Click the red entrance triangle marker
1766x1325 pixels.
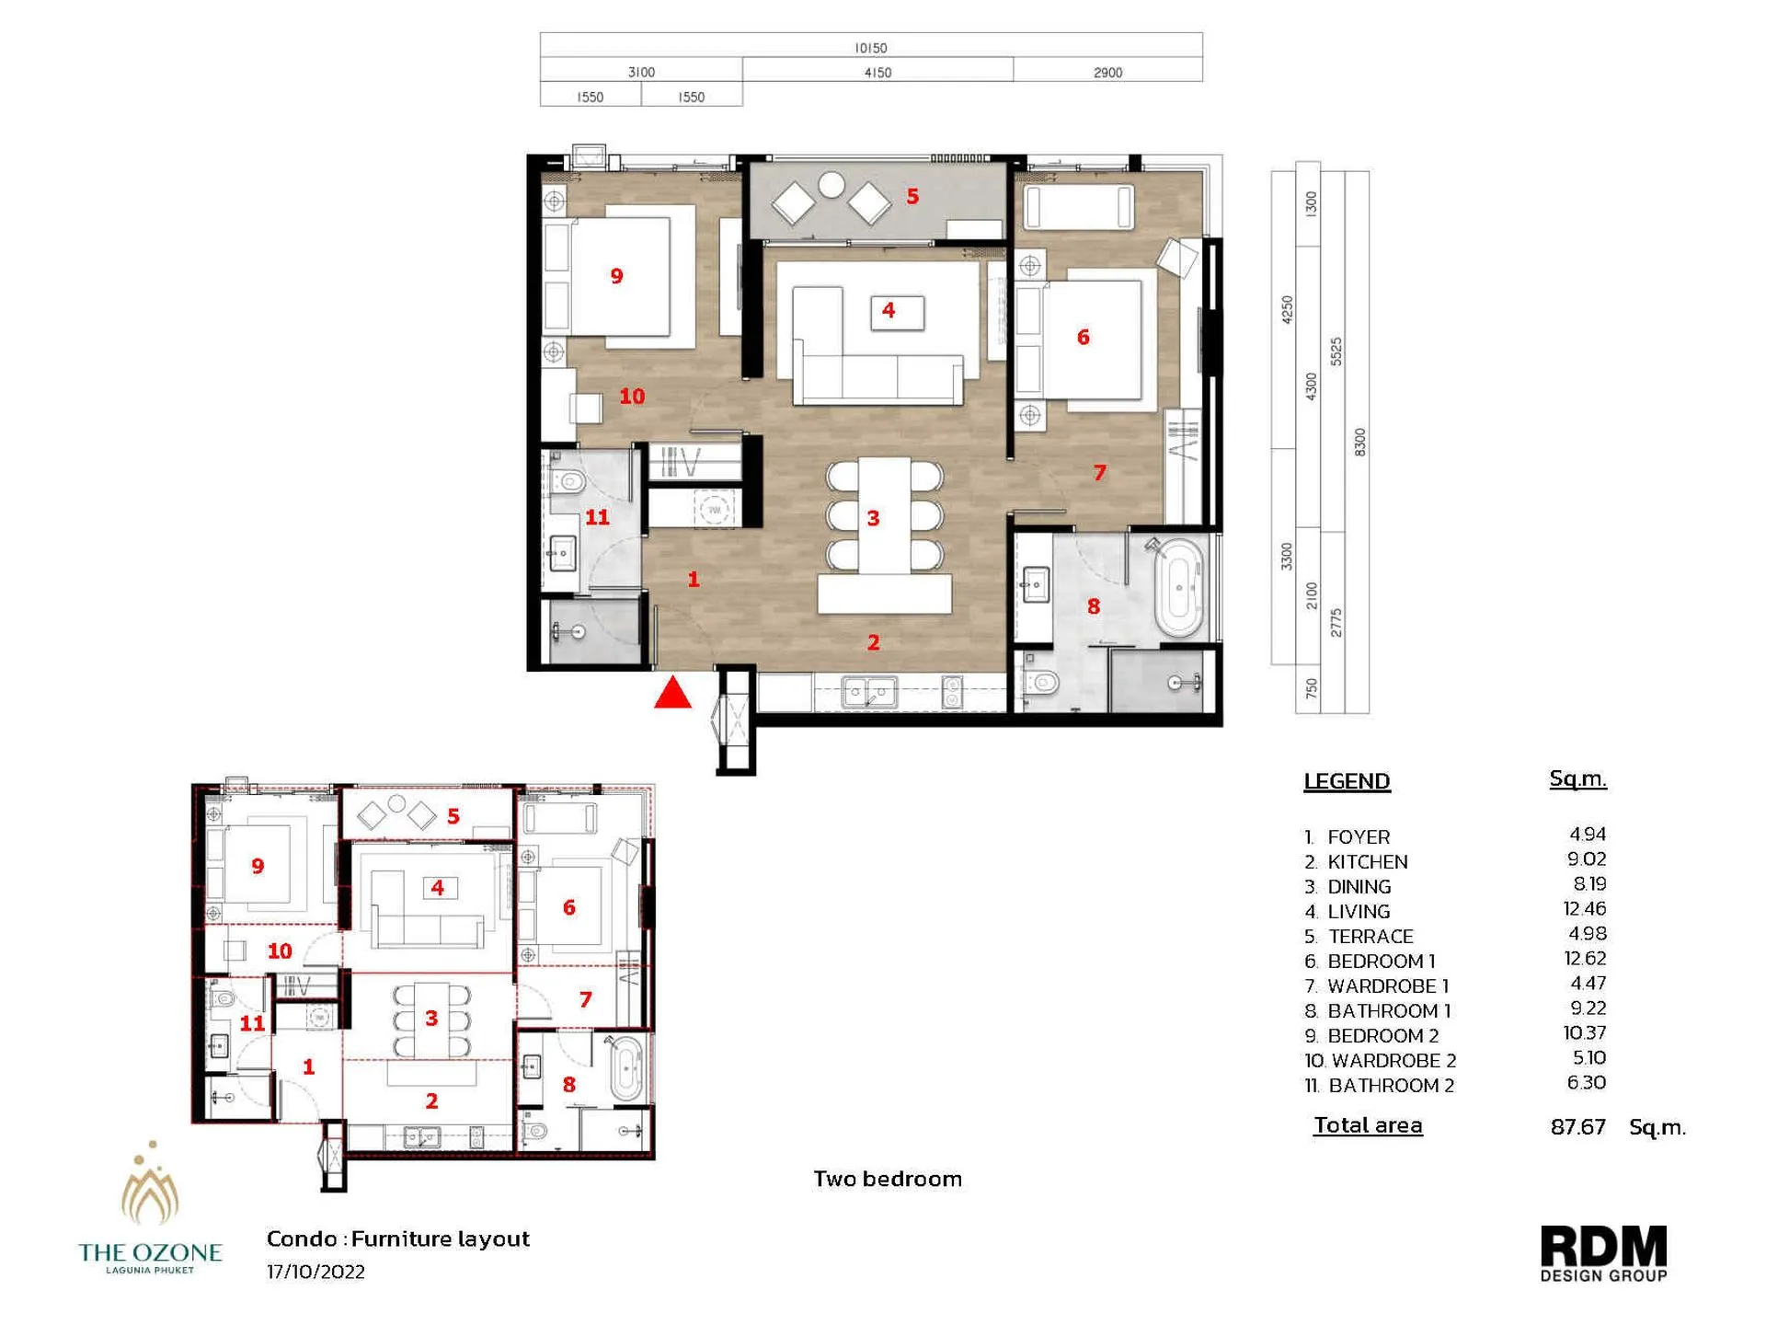(672, 694)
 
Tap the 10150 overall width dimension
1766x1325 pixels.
(870, 48)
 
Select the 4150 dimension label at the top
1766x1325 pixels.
(877, 73)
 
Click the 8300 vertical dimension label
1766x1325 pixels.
(1359, 442)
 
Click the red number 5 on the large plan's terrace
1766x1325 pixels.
(912, 196)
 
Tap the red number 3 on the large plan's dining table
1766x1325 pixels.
(873, 518)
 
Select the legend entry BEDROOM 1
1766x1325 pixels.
(1381, 962)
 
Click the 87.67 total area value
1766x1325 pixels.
(1577, 1127)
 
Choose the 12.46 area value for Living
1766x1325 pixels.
(1584, 909)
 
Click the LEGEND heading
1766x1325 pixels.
(1347, 781)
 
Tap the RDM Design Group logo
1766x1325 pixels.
(1603, 1252)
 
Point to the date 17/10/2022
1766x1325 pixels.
(315, 1272)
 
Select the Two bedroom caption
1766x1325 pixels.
(887, 1179)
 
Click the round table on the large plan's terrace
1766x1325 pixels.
(831, 185)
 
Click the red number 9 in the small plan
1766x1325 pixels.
(258, 866)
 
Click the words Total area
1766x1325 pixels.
(1368, 1125)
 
